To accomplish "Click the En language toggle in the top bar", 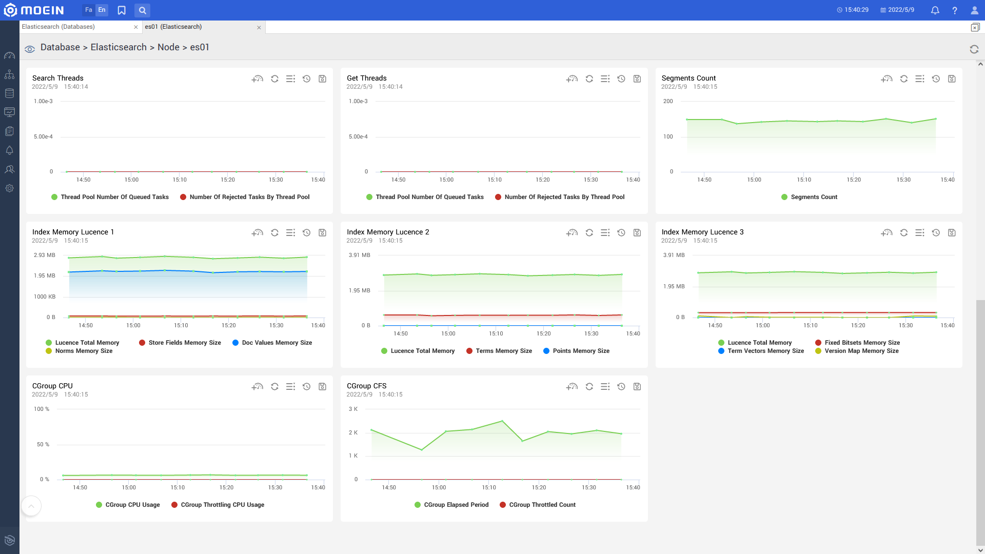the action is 102,10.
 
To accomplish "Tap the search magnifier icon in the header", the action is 143,10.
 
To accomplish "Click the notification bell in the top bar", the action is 935,10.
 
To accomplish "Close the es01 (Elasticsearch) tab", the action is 259,28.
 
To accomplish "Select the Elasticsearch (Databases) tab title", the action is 58,27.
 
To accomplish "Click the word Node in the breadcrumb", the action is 168,47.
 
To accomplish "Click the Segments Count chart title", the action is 688,78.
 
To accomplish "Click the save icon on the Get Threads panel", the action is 637,79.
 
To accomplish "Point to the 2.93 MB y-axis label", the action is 45,255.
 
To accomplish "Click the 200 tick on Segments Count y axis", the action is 668,101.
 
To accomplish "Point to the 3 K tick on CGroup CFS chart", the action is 353,409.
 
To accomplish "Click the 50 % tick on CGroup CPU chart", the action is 43,444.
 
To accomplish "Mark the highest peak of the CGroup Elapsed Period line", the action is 502,421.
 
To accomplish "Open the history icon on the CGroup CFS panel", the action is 621,387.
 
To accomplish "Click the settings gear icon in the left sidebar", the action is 9,188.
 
